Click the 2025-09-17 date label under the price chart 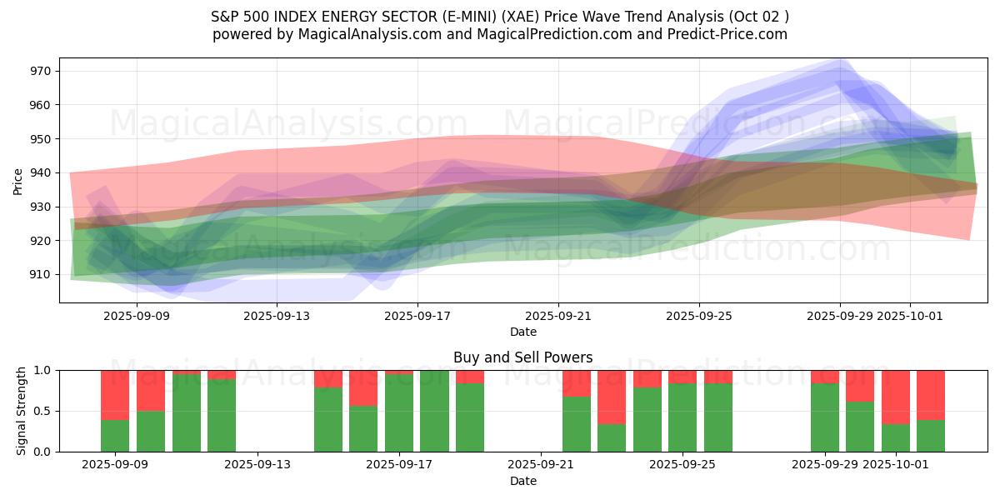[417, 317]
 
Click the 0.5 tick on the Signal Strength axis [42, 411]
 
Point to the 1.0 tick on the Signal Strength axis [42, 370]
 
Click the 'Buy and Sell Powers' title [522, 357]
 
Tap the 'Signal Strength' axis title [22, 411]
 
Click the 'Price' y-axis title [18, 180]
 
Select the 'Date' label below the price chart [522, 332]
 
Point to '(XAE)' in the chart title [507, 16]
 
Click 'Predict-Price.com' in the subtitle [731, 34]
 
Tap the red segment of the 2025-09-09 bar [115, 395]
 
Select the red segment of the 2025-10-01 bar [896, 397]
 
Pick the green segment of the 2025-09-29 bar [825, 417]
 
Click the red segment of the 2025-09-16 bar [363, 387]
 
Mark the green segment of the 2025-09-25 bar [682, 417]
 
